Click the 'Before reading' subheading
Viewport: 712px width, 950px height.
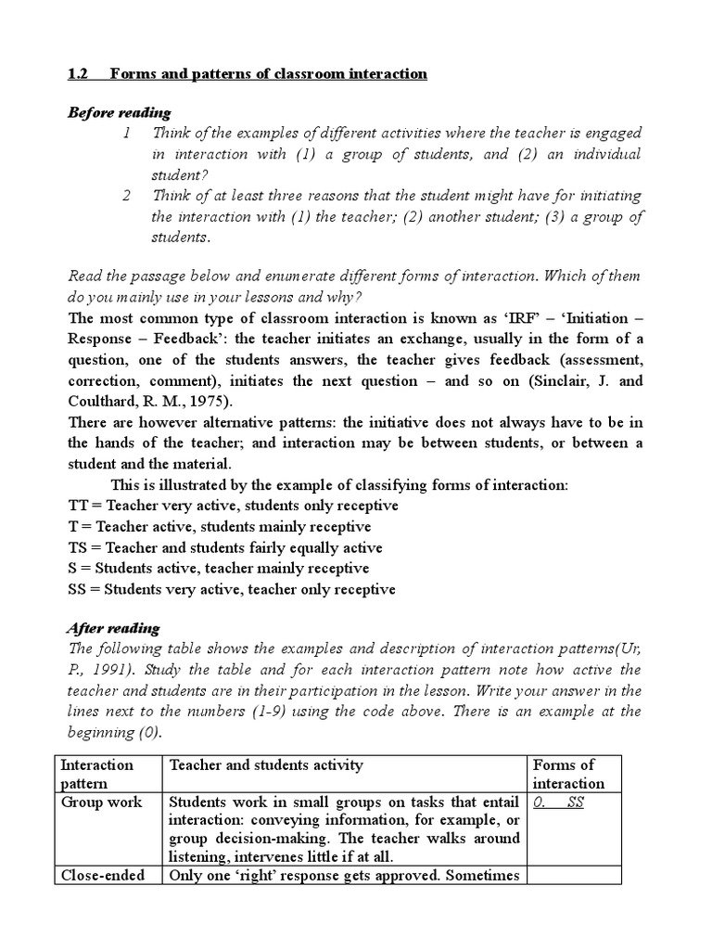pos(120,112)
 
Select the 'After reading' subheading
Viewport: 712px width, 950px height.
pos(114,628)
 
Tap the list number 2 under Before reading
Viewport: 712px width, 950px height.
pos(127,196)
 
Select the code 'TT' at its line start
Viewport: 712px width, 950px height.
pos(79,506)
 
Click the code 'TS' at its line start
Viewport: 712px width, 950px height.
pos(79,547)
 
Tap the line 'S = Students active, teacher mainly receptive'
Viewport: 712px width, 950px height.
pos(219,568)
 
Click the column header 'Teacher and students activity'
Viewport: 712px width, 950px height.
pos(265,765)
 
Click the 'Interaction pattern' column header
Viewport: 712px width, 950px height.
pos(96,774)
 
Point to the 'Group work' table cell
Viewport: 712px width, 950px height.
pos(101,802)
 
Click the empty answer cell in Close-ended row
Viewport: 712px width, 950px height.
pos(575,875)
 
